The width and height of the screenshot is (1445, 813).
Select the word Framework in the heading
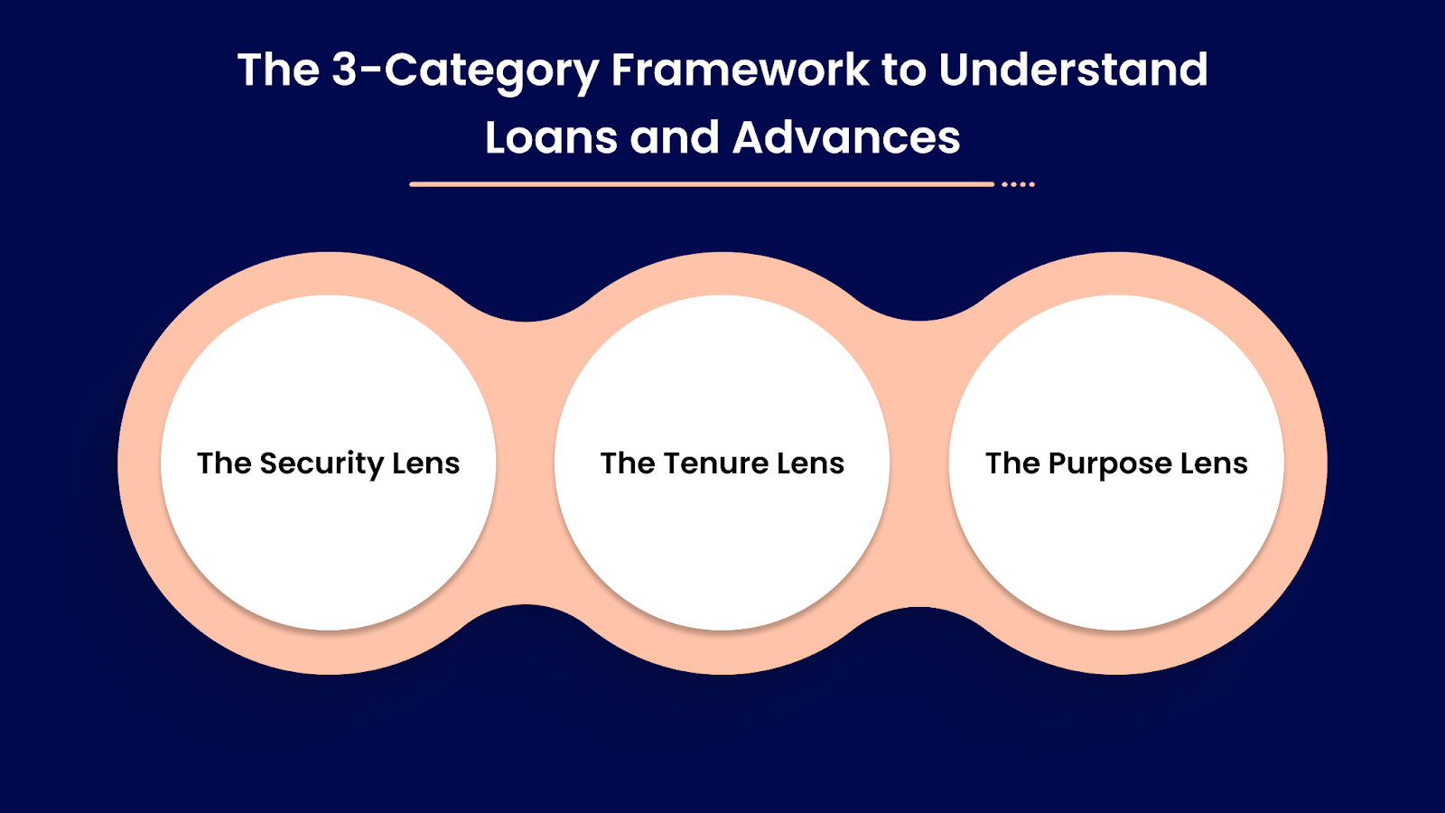point(741,70)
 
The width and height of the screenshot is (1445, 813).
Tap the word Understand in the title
point(1073,70)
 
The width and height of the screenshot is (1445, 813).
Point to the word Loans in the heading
point(551,138)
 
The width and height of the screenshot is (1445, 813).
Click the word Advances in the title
point(846,138)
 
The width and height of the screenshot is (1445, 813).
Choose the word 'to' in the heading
point(903,70)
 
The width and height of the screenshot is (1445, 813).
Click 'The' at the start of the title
point(278,70)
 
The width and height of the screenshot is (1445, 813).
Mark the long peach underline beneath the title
point(701,184)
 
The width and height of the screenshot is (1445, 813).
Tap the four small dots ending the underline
point(1018,184)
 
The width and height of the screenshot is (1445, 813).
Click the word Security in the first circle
point(322,464)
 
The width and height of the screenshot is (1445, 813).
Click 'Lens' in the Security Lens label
point(426,463)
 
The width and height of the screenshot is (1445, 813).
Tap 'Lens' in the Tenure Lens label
point(811,463)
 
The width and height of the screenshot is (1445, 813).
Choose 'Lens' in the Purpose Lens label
point(1214,463)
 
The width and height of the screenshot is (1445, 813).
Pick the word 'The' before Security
point(224,463)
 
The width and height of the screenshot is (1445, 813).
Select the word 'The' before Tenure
point(628,463)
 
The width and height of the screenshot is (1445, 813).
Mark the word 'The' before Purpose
point(1012,463)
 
